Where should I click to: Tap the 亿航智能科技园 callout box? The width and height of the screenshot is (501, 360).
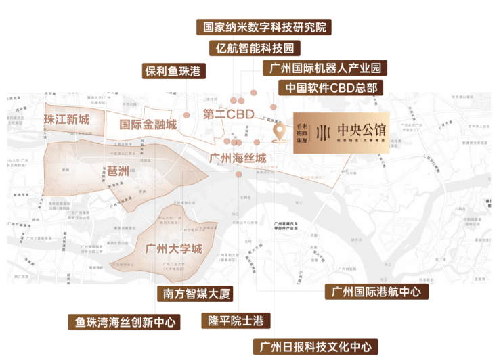tap(255, 48)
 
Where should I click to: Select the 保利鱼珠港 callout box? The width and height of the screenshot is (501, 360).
tap(173, 70)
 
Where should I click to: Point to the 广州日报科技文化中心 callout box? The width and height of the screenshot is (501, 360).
tap(316, 347)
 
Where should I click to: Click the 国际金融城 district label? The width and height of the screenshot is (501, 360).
tap(148, 125)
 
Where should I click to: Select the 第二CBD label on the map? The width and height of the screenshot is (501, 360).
tap(228, 114)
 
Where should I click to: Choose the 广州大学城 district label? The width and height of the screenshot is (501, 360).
tap(174, 248)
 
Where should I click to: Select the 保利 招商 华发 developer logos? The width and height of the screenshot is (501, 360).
tap(301, 132)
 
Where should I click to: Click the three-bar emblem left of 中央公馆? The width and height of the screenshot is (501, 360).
tap(324, 131)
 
